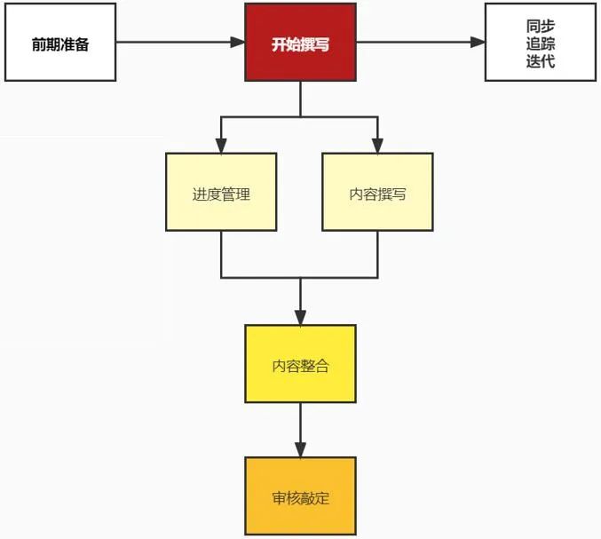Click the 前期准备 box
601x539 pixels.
coord(60,43)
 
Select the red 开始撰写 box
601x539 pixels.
coord(300,43)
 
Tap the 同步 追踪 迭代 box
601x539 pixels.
coord(540,43)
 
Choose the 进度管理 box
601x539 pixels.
coord(221,193)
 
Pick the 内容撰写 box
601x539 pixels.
coord(378,193)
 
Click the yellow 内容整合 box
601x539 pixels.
coord(300,364)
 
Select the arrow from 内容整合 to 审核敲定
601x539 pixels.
coord(300,430)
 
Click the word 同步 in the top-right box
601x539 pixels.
coord(541,27)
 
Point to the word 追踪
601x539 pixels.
coord(541,44)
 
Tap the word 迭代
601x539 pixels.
coord(541,60)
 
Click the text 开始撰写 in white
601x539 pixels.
coord(300,44)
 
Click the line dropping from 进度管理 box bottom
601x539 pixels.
coord(221,254)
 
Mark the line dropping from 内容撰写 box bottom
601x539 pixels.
coord(378,254)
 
